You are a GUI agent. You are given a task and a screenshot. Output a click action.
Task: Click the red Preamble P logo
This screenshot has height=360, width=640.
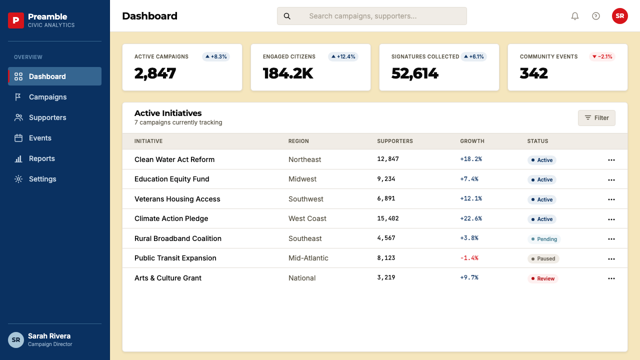tap(16, 20)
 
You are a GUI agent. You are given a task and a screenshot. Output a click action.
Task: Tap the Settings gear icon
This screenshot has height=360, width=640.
tap(18, 179)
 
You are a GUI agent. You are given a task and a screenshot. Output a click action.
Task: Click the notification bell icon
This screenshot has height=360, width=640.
tap(575, 16)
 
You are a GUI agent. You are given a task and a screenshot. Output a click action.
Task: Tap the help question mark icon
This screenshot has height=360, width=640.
tap(595, 16)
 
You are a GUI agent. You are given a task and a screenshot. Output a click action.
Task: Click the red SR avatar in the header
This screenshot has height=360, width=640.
tap(619, 16)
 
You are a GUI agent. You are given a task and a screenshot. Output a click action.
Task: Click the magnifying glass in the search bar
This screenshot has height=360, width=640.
tap(287, 16)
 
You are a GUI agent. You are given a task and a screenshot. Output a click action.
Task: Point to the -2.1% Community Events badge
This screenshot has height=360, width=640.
tap(602, 56)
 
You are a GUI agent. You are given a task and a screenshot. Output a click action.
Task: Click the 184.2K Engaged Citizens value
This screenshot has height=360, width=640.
tap(288, 73)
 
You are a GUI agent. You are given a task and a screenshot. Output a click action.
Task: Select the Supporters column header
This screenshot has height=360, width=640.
tap(395, 141)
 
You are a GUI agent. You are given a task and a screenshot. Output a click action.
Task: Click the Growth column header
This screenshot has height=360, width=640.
tap(472, 141)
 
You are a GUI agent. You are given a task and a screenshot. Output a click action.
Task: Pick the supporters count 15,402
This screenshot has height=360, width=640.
tap(387, 218)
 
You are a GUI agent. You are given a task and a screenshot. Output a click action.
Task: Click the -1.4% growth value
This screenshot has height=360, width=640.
tap(469, 258)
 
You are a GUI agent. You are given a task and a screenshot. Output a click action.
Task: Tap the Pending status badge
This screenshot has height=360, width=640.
tap(544, 239)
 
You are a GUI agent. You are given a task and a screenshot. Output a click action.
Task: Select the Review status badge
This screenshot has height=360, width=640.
tap(542, 278)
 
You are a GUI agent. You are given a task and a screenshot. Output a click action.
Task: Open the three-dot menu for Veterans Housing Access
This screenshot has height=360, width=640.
tap(611, 199)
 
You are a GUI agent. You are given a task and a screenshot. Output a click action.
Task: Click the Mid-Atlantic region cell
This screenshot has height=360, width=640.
tap(308, 258)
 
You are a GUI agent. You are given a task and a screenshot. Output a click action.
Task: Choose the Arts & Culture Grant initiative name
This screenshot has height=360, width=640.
tap(168, 278)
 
